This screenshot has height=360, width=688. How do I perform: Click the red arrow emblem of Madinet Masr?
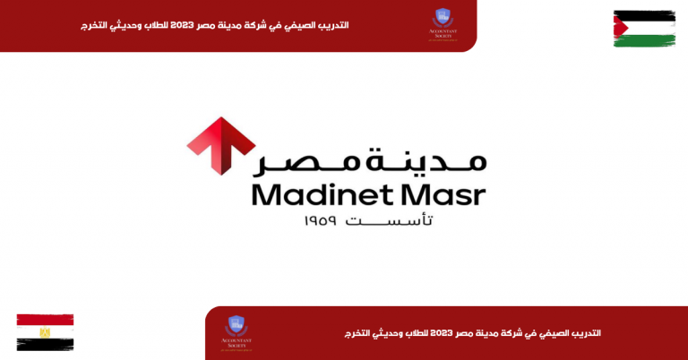[x=221, y=145]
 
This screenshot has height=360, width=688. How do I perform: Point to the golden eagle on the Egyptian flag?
[x=45, y=332]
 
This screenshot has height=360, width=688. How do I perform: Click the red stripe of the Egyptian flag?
[x=45, y=320]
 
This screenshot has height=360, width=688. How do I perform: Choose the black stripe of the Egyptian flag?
[x=45, y=344]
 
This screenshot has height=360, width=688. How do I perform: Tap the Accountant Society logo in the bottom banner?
[x=236, y=332]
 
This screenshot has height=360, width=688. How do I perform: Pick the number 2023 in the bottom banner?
[x=458, y=333]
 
